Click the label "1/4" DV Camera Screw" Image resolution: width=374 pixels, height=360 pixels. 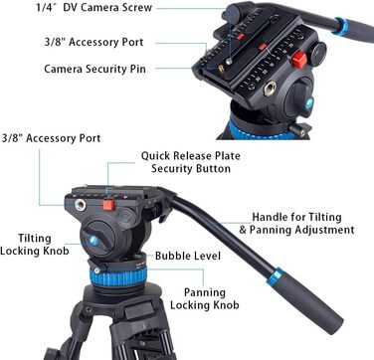tap(94, 8)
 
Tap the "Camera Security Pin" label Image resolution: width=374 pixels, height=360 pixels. tap(94, 69)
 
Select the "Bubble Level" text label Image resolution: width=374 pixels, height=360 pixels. tap(188, 256)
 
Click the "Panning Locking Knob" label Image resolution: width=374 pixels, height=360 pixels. tap(205, 298)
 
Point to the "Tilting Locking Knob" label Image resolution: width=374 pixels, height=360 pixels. tap(35, 245)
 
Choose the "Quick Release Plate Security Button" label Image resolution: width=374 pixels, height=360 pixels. tap(191, 162)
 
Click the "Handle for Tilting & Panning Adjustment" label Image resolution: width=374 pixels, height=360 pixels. tap(296, 224)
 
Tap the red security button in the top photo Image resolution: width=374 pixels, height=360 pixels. tap(299, 60)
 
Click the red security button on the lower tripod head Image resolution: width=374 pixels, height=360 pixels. tap(108, 204)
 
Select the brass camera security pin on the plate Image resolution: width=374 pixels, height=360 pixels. tap(221, 69)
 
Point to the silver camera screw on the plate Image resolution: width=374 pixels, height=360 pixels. tap(229, 61)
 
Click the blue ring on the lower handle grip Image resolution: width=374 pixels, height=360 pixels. tap(276, 277)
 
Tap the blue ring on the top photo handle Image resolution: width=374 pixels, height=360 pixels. tap(341, 27)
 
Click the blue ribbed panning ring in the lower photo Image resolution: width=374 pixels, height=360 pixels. tap(118, 277)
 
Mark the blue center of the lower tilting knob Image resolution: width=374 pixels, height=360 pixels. tap(93, 241)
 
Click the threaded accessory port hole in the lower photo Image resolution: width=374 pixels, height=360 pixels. tap(81, 205)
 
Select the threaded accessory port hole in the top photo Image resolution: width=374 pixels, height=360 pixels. tap(270, 89)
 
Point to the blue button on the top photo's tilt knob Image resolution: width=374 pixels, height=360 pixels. tap(309, 102)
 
